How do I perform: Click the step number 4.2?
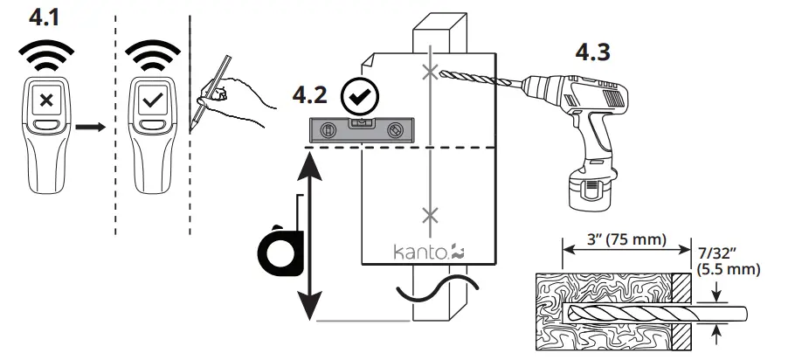tap(317, 93)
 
